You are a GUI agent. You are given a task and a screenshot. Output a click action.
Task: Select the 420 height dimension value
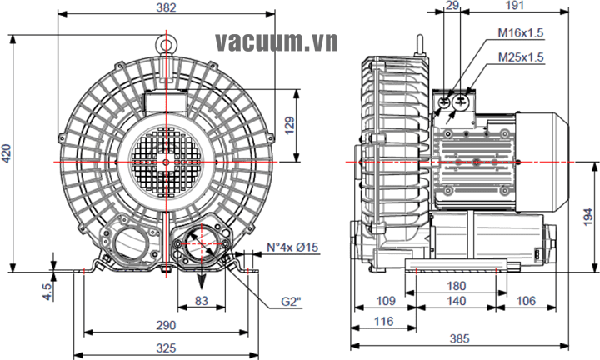point(7,152)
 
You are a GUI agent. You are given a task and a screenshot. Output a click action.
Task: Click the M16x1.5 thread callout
point(520,32)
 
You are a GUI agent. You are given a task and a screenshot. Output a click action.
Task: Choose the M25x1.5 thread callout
point(520,57)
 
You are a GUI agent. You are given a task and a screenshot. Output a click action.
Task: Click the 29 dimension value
point(452,7)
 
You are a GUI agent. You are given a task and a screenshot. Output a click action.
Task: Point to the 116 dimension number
point(384,321)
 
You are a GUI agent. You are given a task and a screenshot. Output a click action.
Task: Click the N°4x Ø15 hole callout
point(292,247)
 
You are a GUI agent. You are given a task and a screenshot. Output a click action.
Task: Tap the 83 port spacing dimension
point(201,300)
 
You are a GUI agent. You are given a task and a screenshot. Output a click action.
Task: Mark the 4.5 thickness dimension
point(48,291)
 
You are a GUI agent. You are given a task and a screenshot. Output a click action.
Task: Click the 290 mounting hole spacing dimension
point(167,325)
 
